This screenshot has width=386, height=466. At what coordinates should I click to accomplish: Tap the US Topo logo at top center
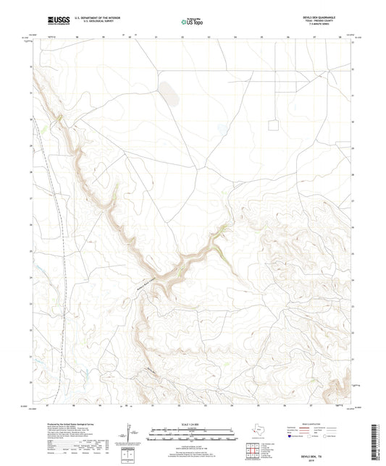[191, 22]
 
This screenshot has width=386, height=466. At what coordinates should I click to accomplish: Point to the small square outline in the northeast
[273, 125]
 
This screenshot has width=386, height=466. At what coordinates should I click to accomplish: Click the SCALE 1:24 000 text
[193, 423]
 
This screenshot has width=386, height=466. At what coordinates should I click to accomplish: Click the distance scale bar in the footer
[193, 434]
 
